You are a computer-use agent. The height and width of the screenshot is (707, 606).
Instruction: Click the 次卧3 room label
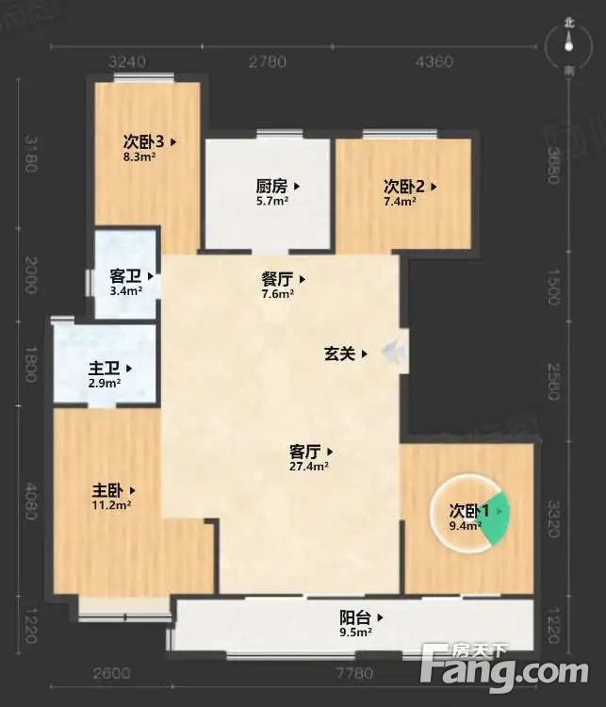coord(143,142)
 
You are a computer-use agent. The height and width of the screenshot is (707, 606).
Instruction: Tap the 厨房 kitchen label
coord(272,187)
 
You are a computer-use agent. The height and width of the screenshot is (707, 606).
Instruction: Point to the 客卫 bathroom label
coord(126,277)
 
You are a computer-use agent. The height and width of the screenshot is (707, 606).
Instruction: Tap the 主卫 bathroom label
coord(106,369)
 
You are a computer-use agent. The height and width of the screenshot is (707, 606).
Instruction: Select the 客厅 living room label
coord(303,451)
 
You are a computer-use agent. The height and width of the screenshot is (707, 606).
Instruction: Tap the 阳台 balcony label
coord(354,618)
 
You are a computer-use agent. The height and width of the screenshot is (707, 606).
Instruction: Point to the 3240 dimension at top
coord(127,62)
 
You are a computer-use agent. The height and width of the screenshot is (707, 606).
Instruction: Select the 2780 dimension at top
coord(268,62)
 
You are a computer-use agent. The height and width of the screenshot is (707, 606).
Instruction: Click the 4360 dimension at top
coord(434,62)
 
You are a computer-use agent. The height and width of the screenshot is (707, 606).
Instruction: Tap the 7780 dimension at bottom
coord(354,673)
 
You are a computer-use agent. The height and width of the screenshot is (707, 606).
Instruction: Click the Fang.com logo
coord(505,668)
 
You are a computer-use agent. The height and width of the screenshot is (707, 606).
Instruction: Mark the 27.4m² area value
coord(309,466)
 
